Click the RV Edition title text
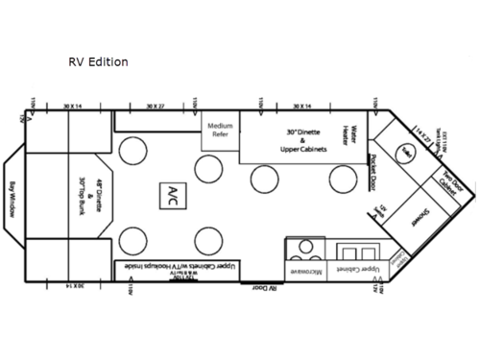click(x=97, y=62)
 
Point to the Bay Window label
click(x=12, y=199)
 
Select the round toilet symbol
click(x=406, y=155)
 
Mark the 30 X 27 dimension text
click(x=156, y=107)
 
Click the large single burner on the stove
click(x=306, y=246)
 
